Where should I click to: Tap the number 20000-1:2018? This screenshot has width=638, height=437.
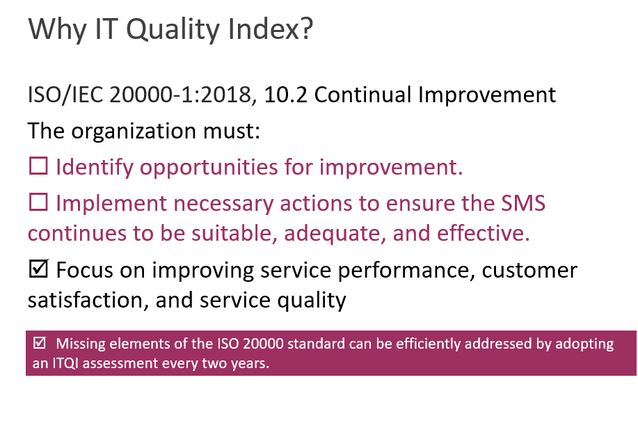point(180,95)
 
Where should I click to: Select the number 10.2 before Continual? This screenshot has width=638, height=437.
point(286,95)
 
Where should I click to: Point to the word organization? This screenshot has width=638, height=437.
point(134,132)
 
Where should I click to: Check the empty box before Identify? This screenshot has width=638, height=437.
point(39,166)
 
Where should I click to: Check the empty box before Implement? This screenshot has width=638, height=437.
point(39,202)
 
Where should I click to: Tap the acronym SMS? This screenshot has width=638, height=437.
point(523,203)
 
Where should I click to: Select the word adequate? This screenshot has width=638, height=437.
point(335,234)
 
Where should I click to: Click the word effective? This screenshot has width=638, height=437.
point(484,233)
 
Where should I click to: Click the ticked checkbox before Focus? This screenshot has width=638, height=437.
point(39,269)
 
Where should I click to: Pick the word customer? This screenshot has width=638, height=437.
point(529,271)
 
